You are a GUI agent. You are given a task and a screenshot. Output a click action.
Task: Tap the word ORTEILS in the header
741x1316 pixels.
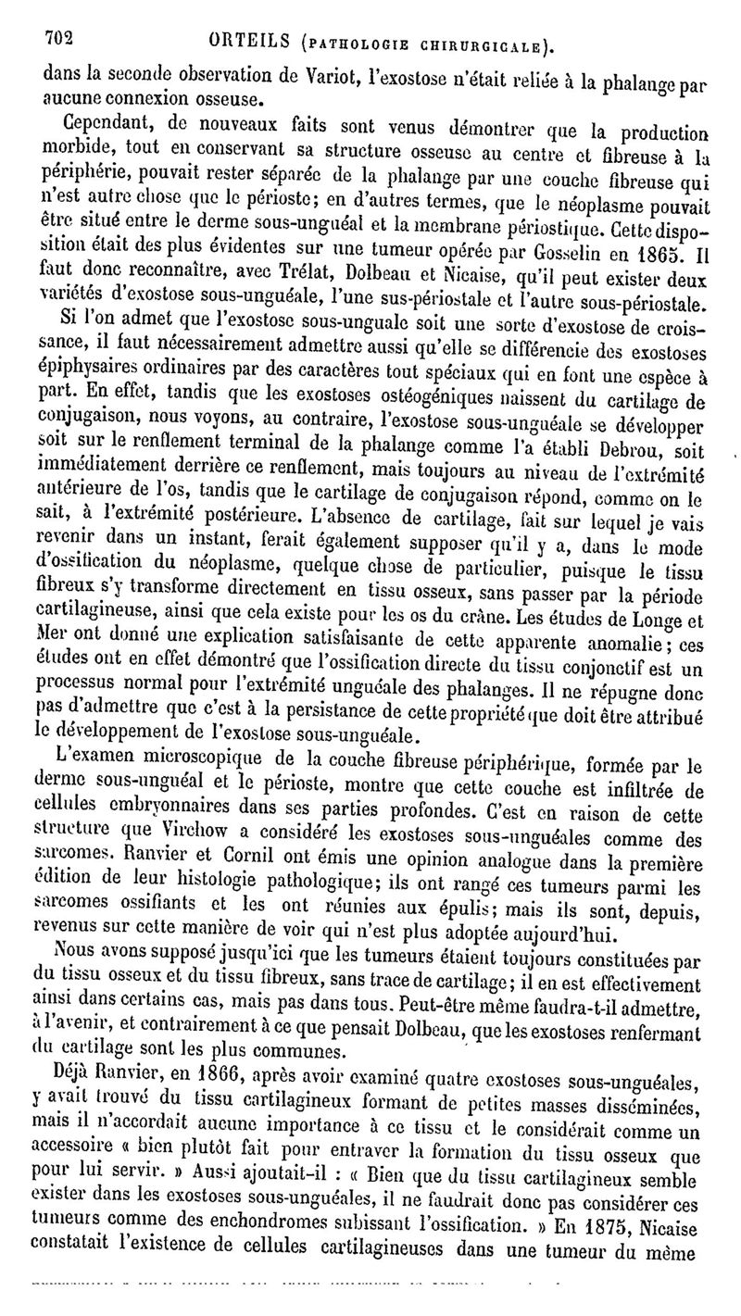250,41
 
